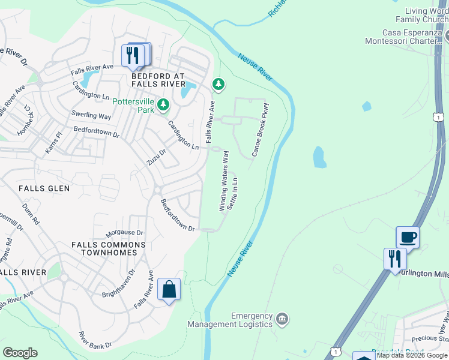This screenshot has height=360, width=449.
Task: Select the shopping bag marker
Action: (169, 290)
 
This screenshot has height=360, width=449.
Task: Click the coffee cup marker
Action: (408, 237)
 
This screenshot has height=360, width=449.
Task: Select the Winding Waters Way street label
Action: (224, 180)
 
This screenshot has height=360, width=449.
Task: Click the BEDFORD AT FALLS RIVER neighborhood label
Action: (158, 80)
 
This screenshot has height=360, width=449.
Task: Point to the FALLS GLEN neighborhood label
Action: (44, 188)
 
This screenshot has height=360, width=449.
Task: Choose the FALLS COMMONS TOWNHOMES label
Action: (108, 249)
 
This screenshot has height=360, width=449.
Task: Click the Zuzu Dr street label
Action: (155, 158)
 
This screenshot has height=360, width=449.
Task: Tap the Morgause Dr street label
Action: (124, 233)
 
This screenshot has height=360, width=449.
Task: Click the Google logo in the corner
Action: (20, 353)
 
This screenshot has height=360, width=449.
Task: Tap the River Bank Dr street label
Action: (95, 340)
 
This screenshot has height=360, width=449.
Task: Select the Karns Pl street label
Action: (53, 143)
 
